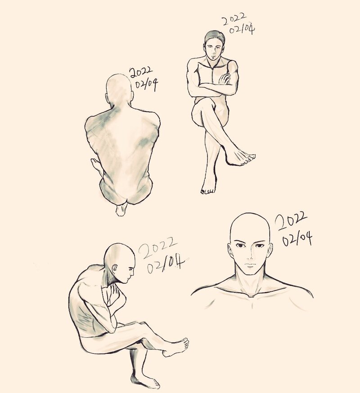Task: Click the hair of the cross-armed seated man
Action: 215,37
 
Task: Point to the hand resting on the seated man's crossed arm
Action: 224,79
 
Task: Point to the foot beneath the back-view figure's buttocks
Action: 121,210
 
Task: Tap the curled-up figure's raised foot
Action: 176,347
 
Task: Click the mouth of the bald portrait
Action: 250,265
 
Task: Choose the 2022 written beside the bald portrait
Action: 291,221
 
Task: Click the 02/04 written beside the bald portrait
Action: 297,239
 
